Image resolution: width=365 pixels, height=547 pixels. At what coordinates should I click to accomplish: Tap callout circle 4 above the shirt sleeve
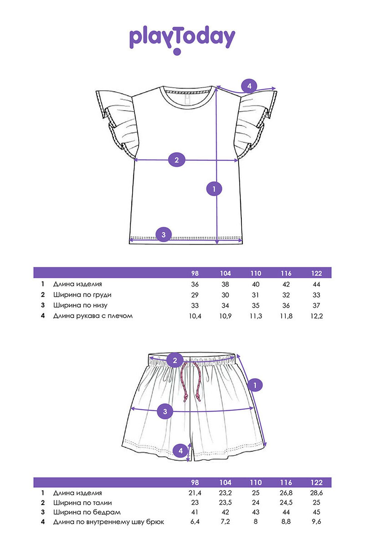click(x=249, y=86)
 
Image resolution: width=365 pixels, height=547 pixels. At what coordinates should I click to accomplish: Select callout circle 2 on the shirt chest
click(x=177, y=160)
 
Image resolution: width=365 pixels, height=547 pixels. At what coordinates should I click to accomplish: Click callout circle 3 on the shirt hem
click(x=164, y=234)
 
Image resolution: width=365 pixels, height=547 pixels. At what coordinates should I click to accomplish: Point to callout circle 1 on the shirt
click(x=214, y=189)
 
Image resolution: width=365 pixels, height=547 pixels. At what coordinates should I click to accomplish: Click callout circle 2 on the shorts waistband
click(x=175, y=360)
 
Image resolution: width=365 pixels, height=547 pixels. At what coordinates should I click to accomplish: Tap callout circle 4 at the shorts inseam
click(x=181, y=451)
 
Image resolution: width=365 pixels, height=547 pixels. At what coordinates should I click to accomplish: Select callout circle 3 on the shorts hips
click(x=165, y=412)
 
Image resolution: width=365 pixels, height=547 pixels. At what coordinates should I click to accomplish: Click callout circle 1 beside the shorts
click(x=255, y=385)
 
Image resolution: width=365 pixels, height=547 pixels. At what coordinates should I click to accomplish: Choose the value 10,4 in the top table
click(x=195, y=316)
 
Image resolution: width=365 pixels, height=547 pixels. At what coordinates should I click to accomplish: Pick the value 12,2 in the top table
click(x=317, y=316)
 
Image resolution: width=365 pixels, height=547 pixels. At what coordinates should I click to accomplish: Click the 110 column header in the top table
click(x=256, y=273)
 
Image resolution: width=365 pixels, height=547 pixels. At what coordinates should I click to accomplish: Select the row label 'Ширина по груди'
click(x=82, y=295)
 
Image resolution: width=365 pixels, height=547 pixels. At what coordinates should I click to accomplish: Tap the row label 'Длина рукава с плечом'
click(x=93, y=316)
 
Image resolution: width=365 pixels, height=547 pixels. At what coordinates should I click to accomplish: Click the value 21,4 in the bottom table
click(x=195, y=493)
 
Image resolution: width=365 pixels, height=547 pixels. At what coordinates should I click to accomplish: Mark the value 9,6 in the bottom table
click(x=317, y=522)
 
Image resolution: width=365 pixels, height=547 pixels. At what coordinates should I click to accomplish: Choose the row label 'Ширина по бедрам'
click(x=87, y=512)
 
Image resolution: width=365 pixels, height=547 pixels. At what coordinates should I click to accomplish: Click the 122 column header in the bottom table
click(x=317, y=483)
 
